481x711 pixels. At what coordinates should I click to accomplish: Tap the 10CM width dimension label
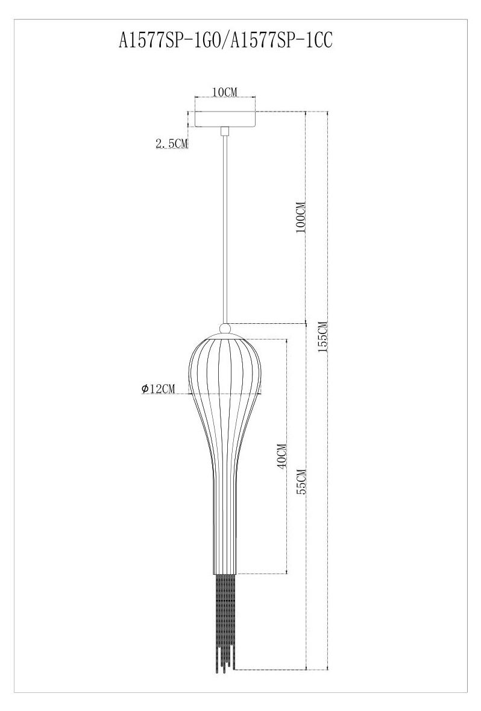(225, 92)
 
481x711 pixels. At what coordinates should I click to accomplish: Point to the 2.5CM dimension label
(172, 144)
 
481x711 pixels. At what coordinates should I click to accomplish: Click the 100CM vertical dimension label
(300, 218)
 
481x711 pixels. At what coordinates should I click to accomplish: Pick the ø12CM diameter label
(157, 388)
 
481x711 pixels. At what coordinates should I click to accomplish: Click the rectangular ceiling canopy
(225, 119)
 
